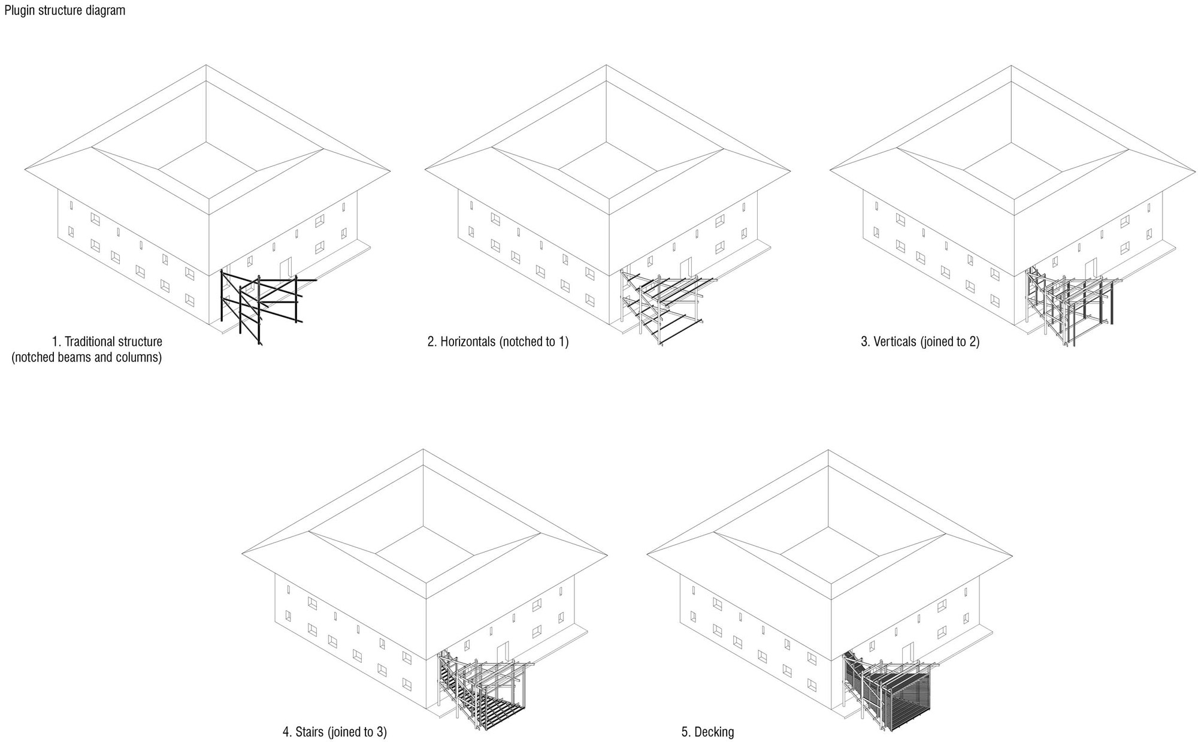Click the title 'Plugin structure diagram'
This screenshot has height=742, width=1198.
pyautogui.click(x=64, y=10)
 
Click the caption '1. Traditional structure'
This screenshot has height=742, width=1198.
pyautogui.click(x=107, y=342)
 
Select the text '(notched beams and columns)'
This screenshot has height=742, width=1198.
pyautogui.click(x=87, y=358)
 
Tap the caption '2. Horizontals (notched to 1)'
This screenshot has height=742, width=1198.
pyautogui.click(x=498, y=342)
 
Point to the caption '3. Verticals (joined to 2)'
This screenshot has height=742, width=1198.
pyautogui.click(x=920, y=342)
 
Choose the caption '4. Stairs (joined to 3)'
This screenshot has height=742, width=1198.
pyautogui.click(x=334, y=732)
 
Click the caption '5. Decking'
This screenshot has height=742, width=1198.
pyautogui.click(x=707, y=732)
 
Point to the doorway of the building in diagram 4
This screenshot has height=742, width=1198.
pyautogui.click(x=503, y=650)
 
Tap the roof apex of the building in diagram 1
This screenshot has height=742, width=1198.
pyautogui.click(x=206, y=65)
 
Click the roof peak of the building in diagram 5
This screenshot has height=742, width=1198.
pyautogui.click(x=828, y=450)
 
